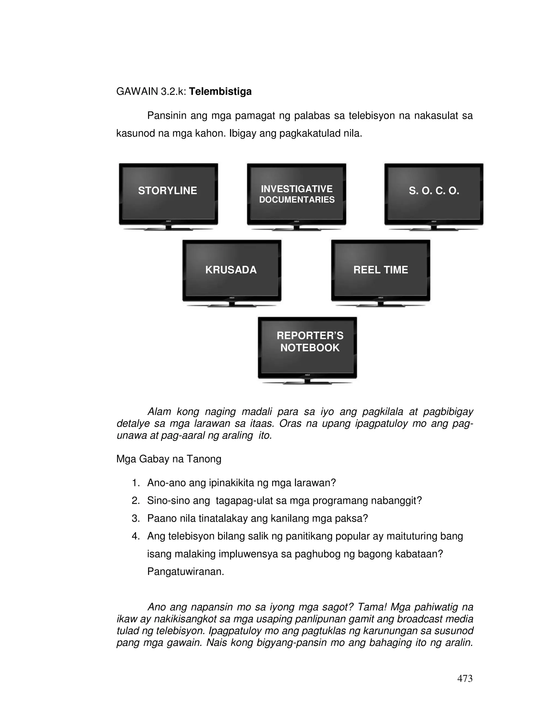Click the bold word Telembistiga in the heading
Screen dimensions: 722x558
[220, 92]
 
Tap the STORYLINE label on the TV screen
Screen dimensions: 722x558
[167, 191]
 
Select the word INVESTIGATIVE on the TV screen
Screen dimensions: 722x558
[296, 189]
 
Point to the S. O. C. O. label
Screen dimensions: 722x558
[434, 191]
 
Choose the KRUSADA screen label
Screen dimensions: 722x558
[231, 270]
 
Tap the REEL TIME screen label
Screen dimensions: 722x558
[380, 270]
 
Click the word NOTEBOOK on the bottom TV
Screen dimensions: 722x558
[310, 348]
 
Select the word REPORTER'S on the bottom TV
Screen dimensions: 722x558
[310, 336]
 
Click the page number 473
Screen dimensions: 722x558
[465, 678]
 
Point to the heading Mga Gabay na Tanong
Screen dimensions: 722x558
[169, 459]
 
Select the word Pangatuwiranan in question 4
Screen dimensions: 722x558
[186, 571]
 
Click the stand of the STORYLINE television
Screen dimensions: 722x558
[169, 228]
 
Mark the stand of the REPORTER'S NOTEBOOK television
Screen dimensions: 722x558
[307, 382]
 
